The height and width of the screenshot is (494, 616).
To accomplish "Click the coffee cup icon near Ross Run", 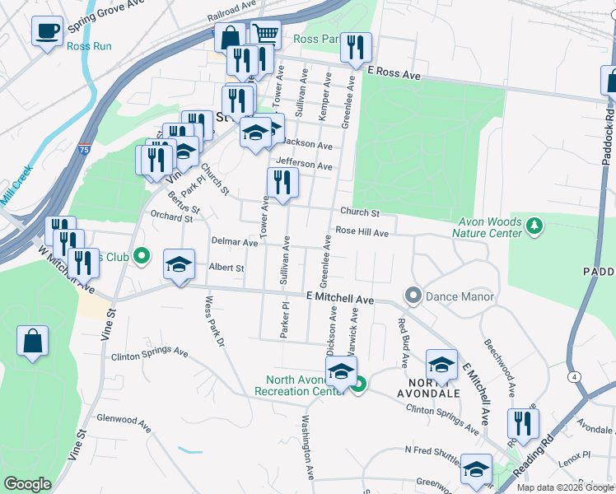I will (47, 31).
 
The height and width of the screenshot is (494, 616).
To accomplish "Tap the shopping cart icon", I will (265, 35).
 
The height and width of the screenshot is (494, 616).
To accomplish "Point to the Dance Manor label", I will (460, 296).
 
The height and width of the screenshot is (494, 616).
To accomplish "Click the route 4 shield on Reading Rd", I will (572, 375).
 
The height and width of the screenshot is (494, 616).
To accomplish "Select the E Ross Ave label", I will (394, 74).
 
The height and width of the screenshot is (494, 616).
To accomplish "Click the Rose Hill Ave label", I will (362, 233).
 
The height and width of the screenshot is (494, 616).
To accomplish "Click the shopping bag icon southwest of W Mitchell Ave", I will (32, 341).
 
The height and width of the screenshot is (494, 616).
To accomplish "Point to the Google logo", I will (27, 484).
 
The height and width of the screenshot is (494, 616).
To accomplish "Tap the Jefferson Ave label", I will (305, 165).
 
